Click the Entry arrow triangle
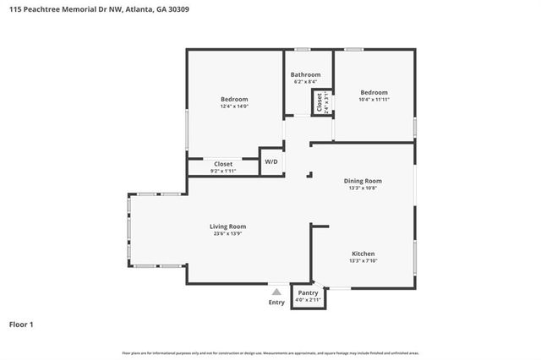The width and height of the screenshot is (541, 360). (x=276, y=292)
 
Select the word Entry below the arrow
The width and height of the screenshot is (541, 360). (x=276, y=303)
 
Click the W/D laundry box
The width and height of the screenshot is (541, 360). (x=270, y=161)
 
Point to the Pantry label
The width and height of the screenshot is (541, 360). (x=308, y=292)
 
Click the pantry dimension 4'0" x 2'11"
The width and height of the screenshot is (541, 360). (x=308, y=300)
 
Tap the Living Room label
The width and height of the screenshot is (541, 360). (x=227, y=226)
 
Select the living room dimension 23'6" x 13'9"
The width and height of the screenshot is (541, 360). (x=227, y=234)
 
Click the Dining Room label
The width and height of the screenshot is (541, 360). (x=363, y=181)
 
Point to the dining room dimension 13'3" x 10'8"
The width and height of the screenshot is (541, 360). (x=363, y=188)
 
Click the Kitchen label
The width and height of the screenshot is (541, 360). (x=363, y=254)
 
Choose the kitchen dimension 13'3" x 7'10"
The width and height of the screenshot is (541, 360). (x=363, y=261)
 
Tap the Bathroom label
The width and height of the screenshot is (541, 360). (x=306, y=74)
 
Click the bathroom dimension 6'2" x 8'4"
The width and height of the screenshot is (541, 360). (x=306, y=82)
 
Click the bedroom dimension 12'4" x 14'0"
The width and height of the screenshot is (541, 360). (x=234, y=106)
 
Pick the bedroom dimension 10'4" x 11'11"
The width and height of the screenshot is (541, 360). (x=374, y=100)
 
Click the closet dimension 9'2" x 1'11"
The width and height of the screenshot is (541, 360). (x=223, y=171)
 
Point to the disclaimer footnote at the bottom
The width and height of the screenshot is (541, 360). (x=270, y=352)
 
